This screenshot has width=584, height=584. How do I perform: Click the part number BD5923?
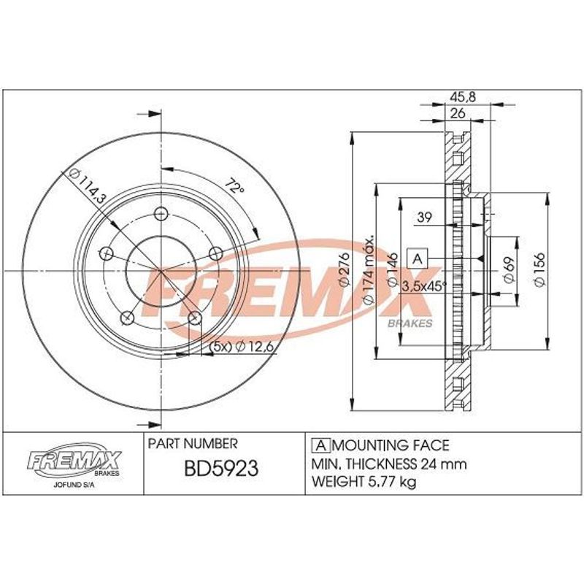(221, 468)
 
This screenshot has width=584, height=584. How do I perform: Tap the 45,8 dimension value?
(463, 97)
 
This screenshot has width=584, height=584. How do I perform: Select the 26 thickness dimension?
(458, 113)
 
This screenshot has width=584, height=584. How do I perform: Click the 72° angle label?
(234, 185)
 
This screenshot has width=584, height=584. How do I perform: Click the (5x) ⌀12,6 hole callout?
(242, 346)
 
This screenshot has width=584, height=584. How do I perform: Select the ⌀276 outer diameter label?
(345, 269)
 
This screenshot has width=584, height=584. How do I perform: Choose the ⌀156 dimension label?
(539, 269)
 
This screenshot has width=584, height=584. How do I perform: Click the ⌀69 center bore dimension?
(509, 269)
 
